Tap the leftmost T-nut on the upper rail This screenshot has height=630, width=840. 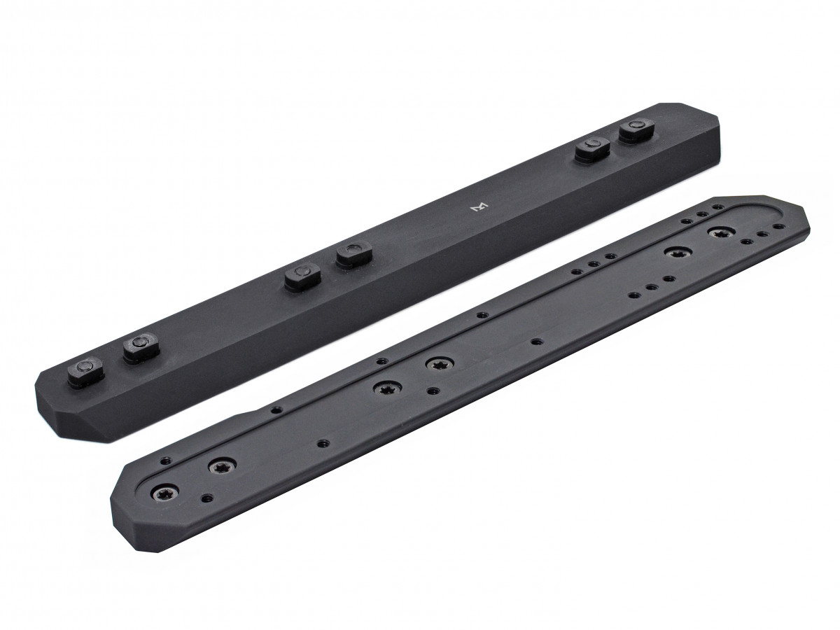pyautogui.click(x=85, y=368)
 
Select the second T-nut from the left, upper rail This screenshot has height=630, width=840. pyautogui.click(x=137, y=346)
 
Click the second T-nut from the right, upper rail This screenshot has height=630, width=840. pyautogui.click(x=592, y=148)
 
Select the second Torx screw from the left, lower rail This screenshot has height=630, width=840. pyautogui.click(x=219, y=468)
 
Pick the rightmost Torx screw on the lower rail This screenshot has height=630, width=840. pyautogui.click(x=719, y=232)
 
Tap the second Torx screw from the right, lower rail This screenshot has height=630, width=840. pyautogui.click(x=676, y=253)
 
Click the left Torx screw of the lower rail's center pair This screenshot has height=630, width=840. pyautogui.click(x=386, y=388)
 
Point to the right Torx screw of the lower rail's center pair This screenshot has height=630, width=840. pyautogui.click(x=439, y=365)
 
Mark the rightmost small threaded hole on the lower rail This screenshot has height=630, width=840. pyautogui.click(x=779, y=227)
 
